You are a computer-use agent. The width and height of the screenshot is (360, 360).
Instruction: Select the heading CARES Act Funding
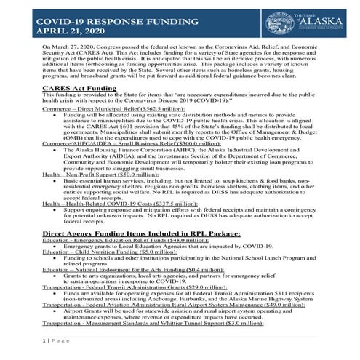coord(80,108)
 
